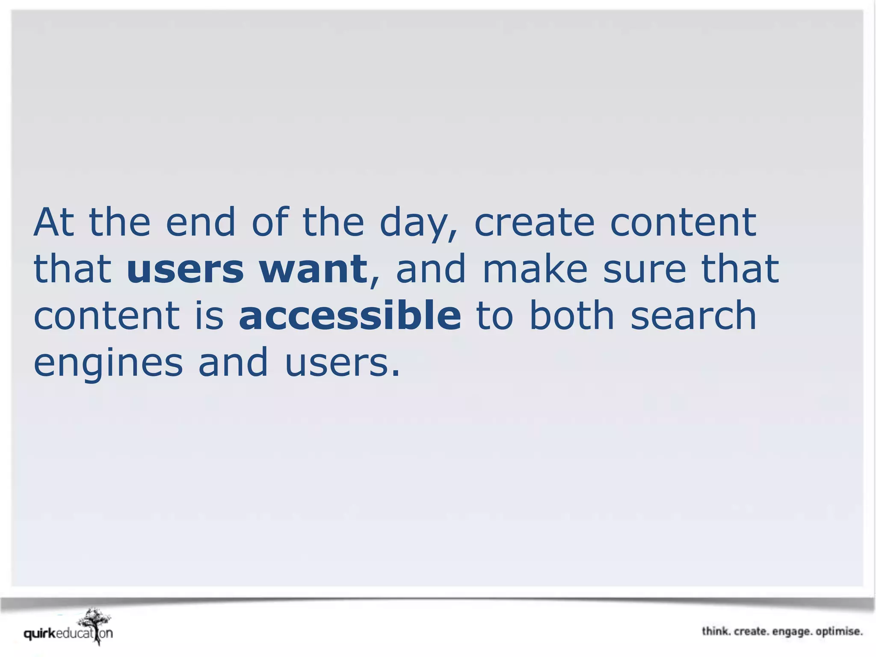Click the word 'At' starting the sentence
click(x=54, y=222)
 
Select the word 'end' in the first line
click(x=200, y=222)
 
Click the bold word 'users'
click(x=185, y=269)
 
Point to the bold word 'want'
click(x=313, y=269)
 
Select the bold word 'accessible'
click(x=350, y=316)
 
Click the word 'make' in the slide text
click(x=535, y=269)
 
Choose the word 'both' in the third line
click(x=572, y=316)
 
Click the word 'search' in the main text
click(x=693, y=316)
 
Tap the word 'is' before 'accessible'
click(x=209, y=316)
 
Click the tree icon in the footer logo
click(x=95, y=624)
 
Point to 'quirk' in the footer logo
click(x=40, y=633)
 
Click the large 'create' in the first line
click(x=534, y=222)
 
